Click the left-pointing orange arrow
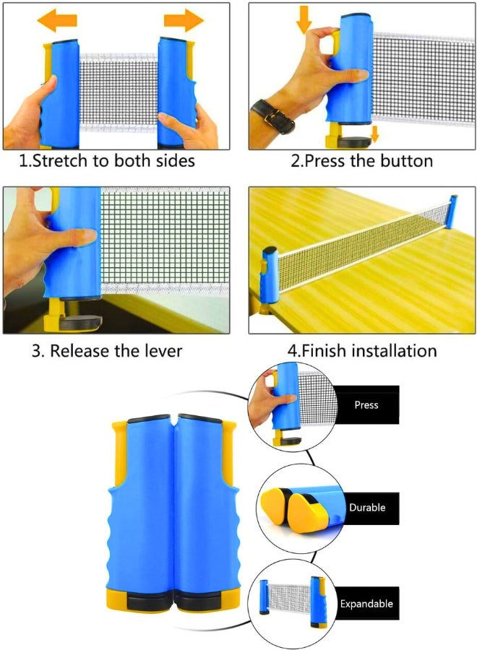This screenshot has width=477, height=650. coord(57,20)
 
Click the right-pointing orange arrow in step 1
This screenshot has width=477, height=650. coord(184,20)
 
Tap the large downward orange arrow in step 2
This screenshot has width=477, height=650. coord(304,19)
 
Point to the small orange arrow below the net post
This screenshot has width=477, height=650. coord(374,134)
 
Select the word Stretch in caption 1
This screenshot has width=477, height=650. coord(61,161)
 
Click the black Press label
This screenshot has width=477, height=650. coord(366,404)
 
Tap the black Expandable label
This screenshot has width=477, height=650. coord(366,604)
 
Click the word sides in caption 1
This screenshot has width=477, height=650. coord(175,161)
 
